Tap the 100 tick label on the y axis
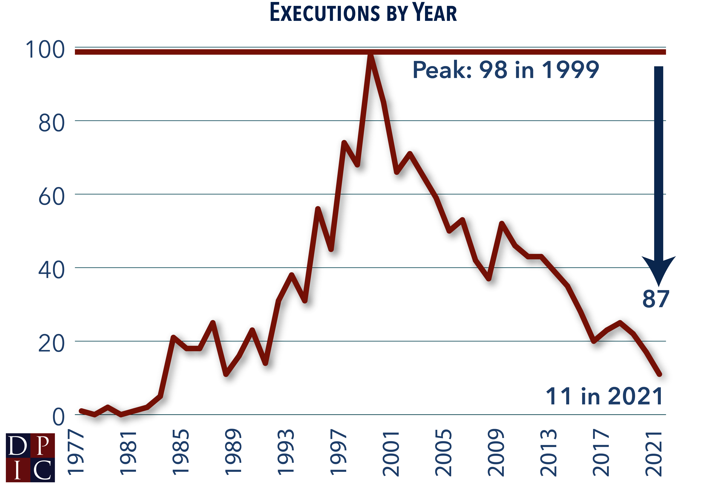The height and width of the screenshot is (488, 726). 45,50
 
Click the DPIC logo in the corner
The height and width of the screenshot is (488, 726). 30,457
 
